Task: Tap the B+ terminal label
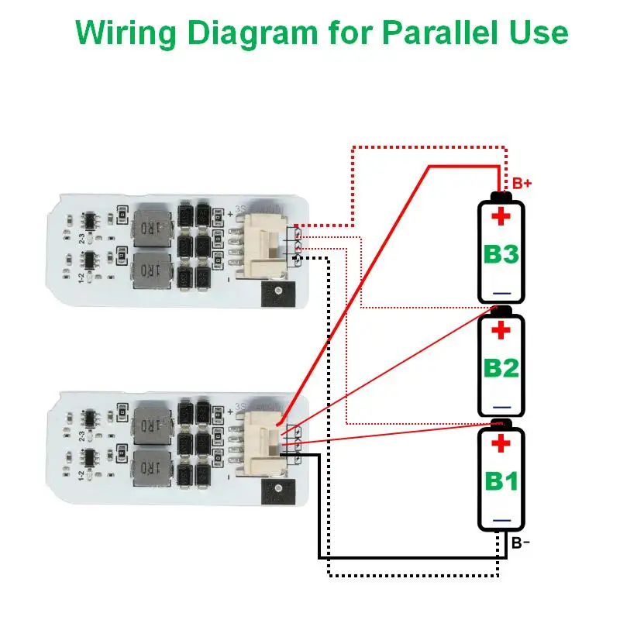522,184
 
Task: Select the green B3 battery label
501,253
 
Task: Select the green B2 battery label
501,367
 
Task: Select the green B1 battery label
501,480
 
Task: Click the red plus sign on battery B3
501,216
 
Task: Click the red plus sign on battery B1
501,444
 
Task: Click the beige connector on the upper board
263,243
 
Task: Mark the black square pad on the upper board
276,292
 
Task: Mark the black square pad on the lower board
276,490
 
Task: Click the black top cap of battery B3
501,195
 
